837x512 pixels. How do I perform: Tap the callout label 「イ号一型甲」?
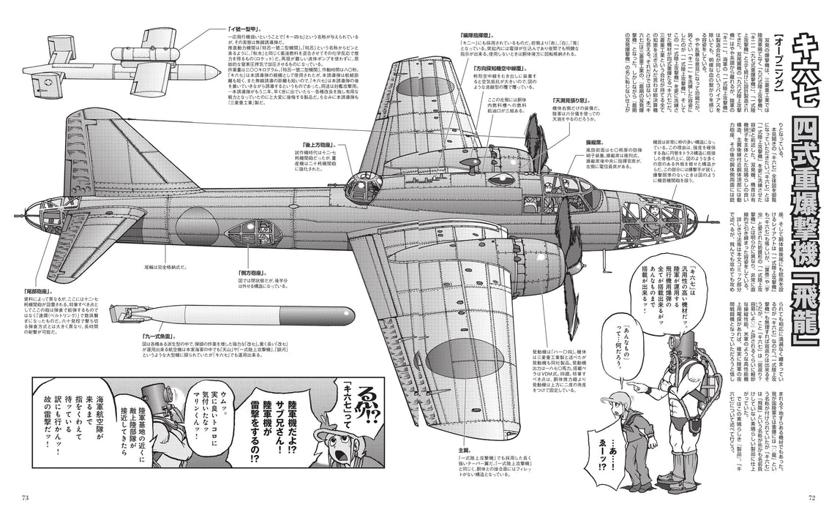221,30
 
